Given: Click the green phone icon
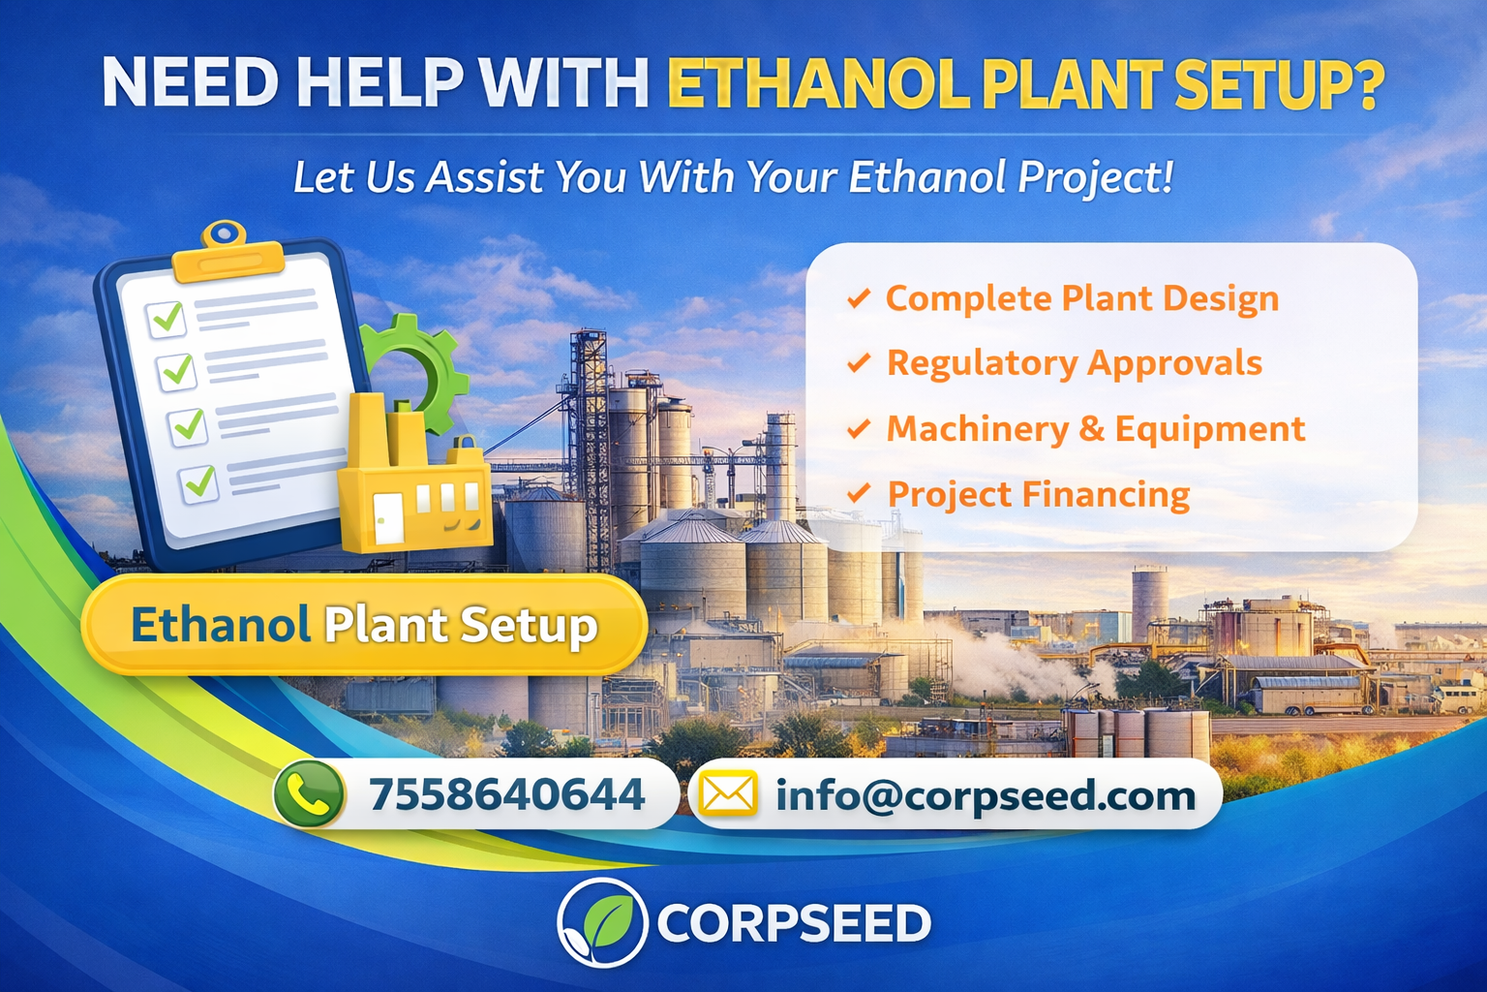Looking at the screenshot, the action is [x=310, y=793].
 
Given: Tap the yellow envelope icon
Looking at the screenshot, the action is [x=728, y=792].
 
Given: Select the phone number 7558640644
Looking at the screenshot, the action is [x=506, y=794].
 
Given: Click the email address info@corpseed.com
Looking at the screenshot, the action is [x=986, y=795].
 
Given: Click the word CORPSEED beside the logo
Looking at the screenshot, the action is [x=794, y=923].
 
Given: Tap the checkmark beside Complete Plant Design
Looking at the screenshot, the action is [x=859, y=299].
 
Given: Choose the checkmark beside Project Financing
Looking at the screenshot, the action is [x=859, y=494].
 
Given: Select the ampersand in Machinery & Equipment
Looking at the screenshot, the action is [x=1090, y=428].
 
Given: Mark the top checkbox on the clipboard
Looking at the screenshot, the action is [x=166, y=320].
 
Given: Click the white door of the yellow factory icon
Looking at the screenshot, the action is [x=388, y=518].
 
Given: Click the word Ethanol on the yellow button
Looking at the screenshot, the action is [x=221, y=625].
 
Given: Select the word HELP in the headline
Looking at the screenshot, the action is [x=377, y=83].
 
